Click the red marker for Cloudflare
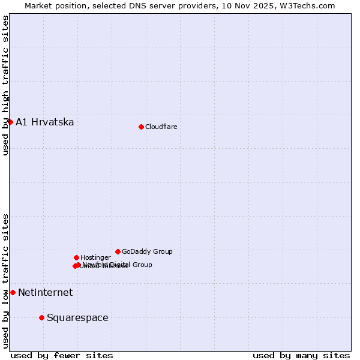tap(141, 127)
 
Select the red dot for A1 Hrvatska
tap(10, 122)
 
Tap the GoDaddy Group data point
tap(118, 251)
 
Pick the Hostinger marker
tap(76, 257)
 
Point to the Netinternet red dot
tap(13, 292)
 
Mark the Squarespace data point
tap(41, 317)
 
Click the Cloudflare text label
tap(161, 127)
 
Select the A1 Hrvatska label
tap(45, 122)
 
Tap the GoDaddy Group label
tap(147, 251)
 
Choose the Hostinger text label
tap(95, 257)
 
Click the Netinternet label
tap(45, 293)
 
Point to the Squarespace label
tap(77, 318)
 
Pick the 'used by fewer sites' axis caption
tap(62, 355)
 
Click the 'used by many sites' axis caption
tap(301, 355)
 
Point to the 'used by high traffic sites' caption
tap(5, 86)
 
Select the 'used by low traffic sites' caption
tap(5, 280)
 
